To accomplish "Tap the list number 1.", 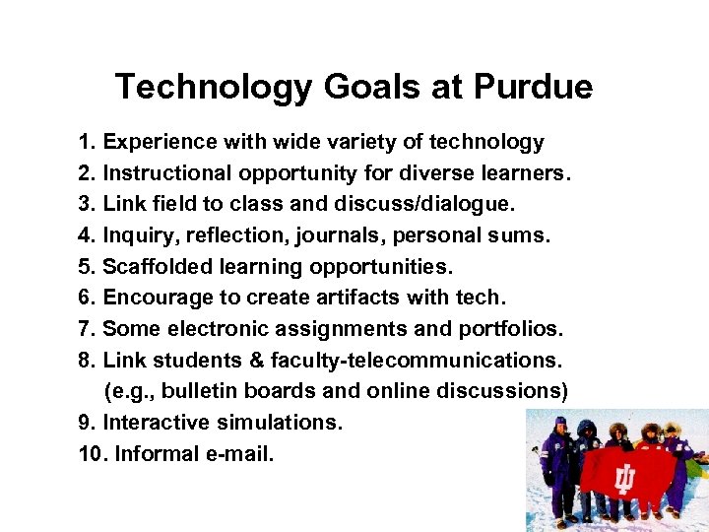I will [85, 143].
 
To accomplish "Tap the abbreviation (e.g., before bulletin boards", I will [129, 391].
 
